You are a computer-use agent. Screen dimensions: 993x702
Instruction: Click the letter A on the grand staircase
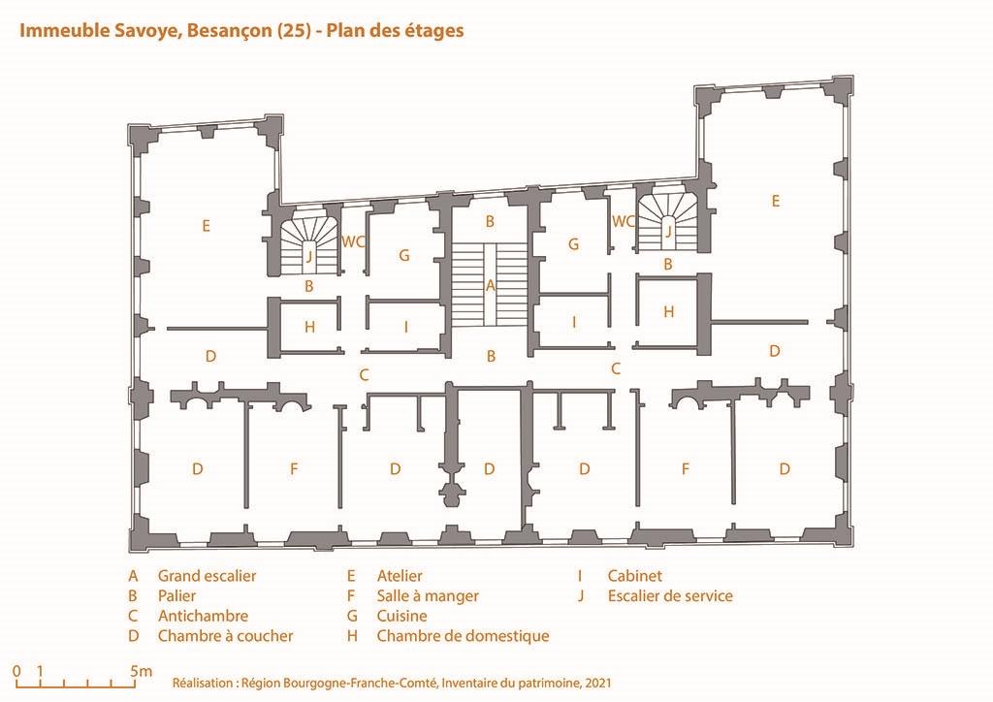[490, 286]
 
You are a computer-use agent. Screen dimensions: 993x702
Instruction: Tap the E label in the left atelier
[206, 226]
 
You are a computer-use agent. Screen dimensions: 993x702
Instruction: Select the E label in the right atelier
[775, 202]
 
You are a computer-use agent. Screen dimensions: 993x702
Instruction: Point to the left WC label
[353, 241]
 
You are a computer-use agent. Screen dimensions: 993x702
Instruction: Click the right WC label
[624, 221]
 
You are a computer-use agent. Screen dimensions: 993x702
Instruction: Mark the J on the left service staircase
[309, 256]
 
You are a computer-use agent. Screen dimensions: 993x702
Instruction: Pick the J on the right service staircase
[667, 231]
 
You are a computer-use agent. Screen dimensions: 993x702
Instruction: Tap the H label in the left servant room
[309, 328]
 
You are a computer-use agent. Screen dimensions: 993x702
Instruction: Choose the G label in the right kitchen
[574, 244]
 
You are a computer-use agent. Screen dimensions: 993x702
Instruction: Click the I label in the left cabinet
[406, 328]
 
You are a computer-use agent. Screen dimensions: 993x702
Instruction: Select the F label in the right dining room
[686, 469]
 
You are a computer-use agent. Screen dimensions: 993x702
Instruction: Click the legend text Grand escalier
[208, 576]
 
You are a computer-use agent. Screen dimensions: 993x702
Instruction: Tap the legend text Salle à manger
[428, 596]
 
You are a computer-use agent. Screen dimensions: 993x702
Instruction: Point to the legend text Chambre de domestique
[463, 636]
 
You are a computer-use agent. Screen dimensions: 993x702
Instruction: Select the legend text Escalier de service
[670, 596]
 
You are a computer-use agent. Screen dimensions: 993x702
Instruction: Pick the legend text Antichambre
[204, 616]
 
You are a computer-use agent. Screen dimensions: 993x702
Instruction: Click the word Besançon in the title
[230, 31]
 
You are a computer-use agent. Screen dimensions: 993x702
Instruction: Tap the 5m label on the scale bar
[142, 671]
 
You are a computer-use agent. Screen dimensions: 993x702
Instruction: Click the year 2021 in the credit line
[598, 683]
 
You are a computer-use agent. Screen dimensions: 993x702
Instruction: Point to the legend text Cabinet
[634, 576]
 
